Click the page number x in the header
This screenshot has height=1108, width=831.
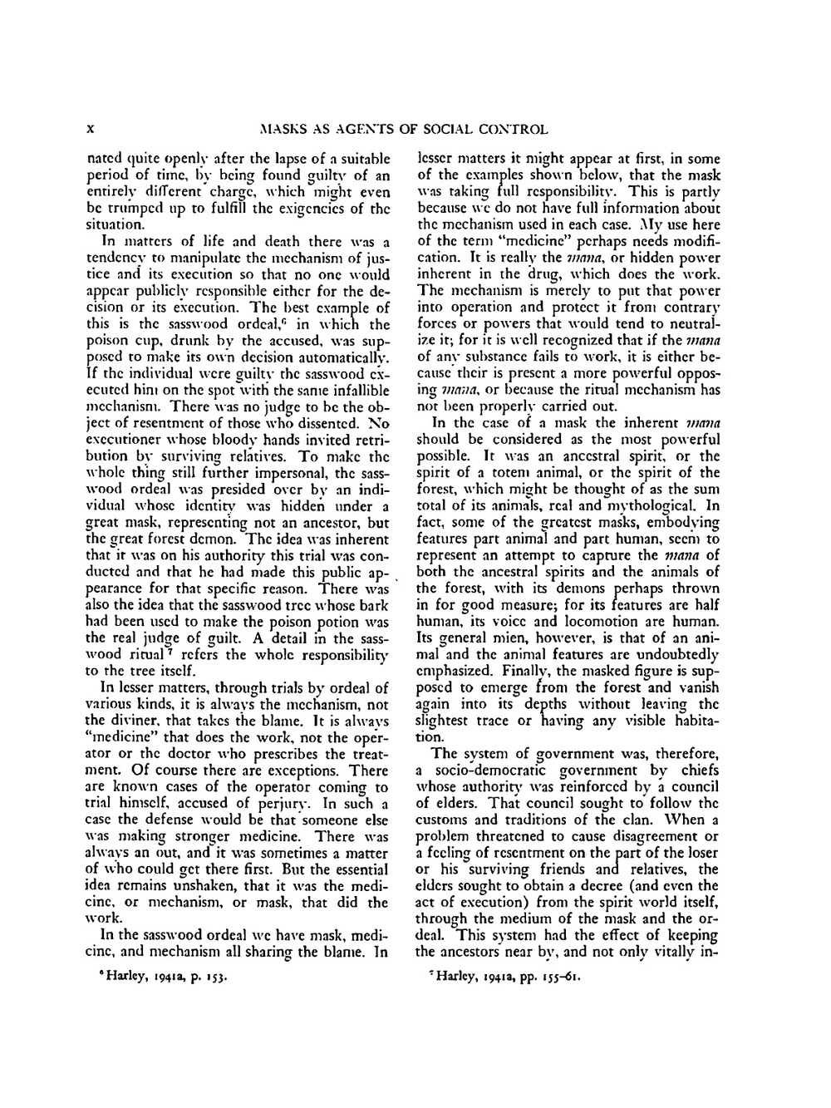pos(93,129)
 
